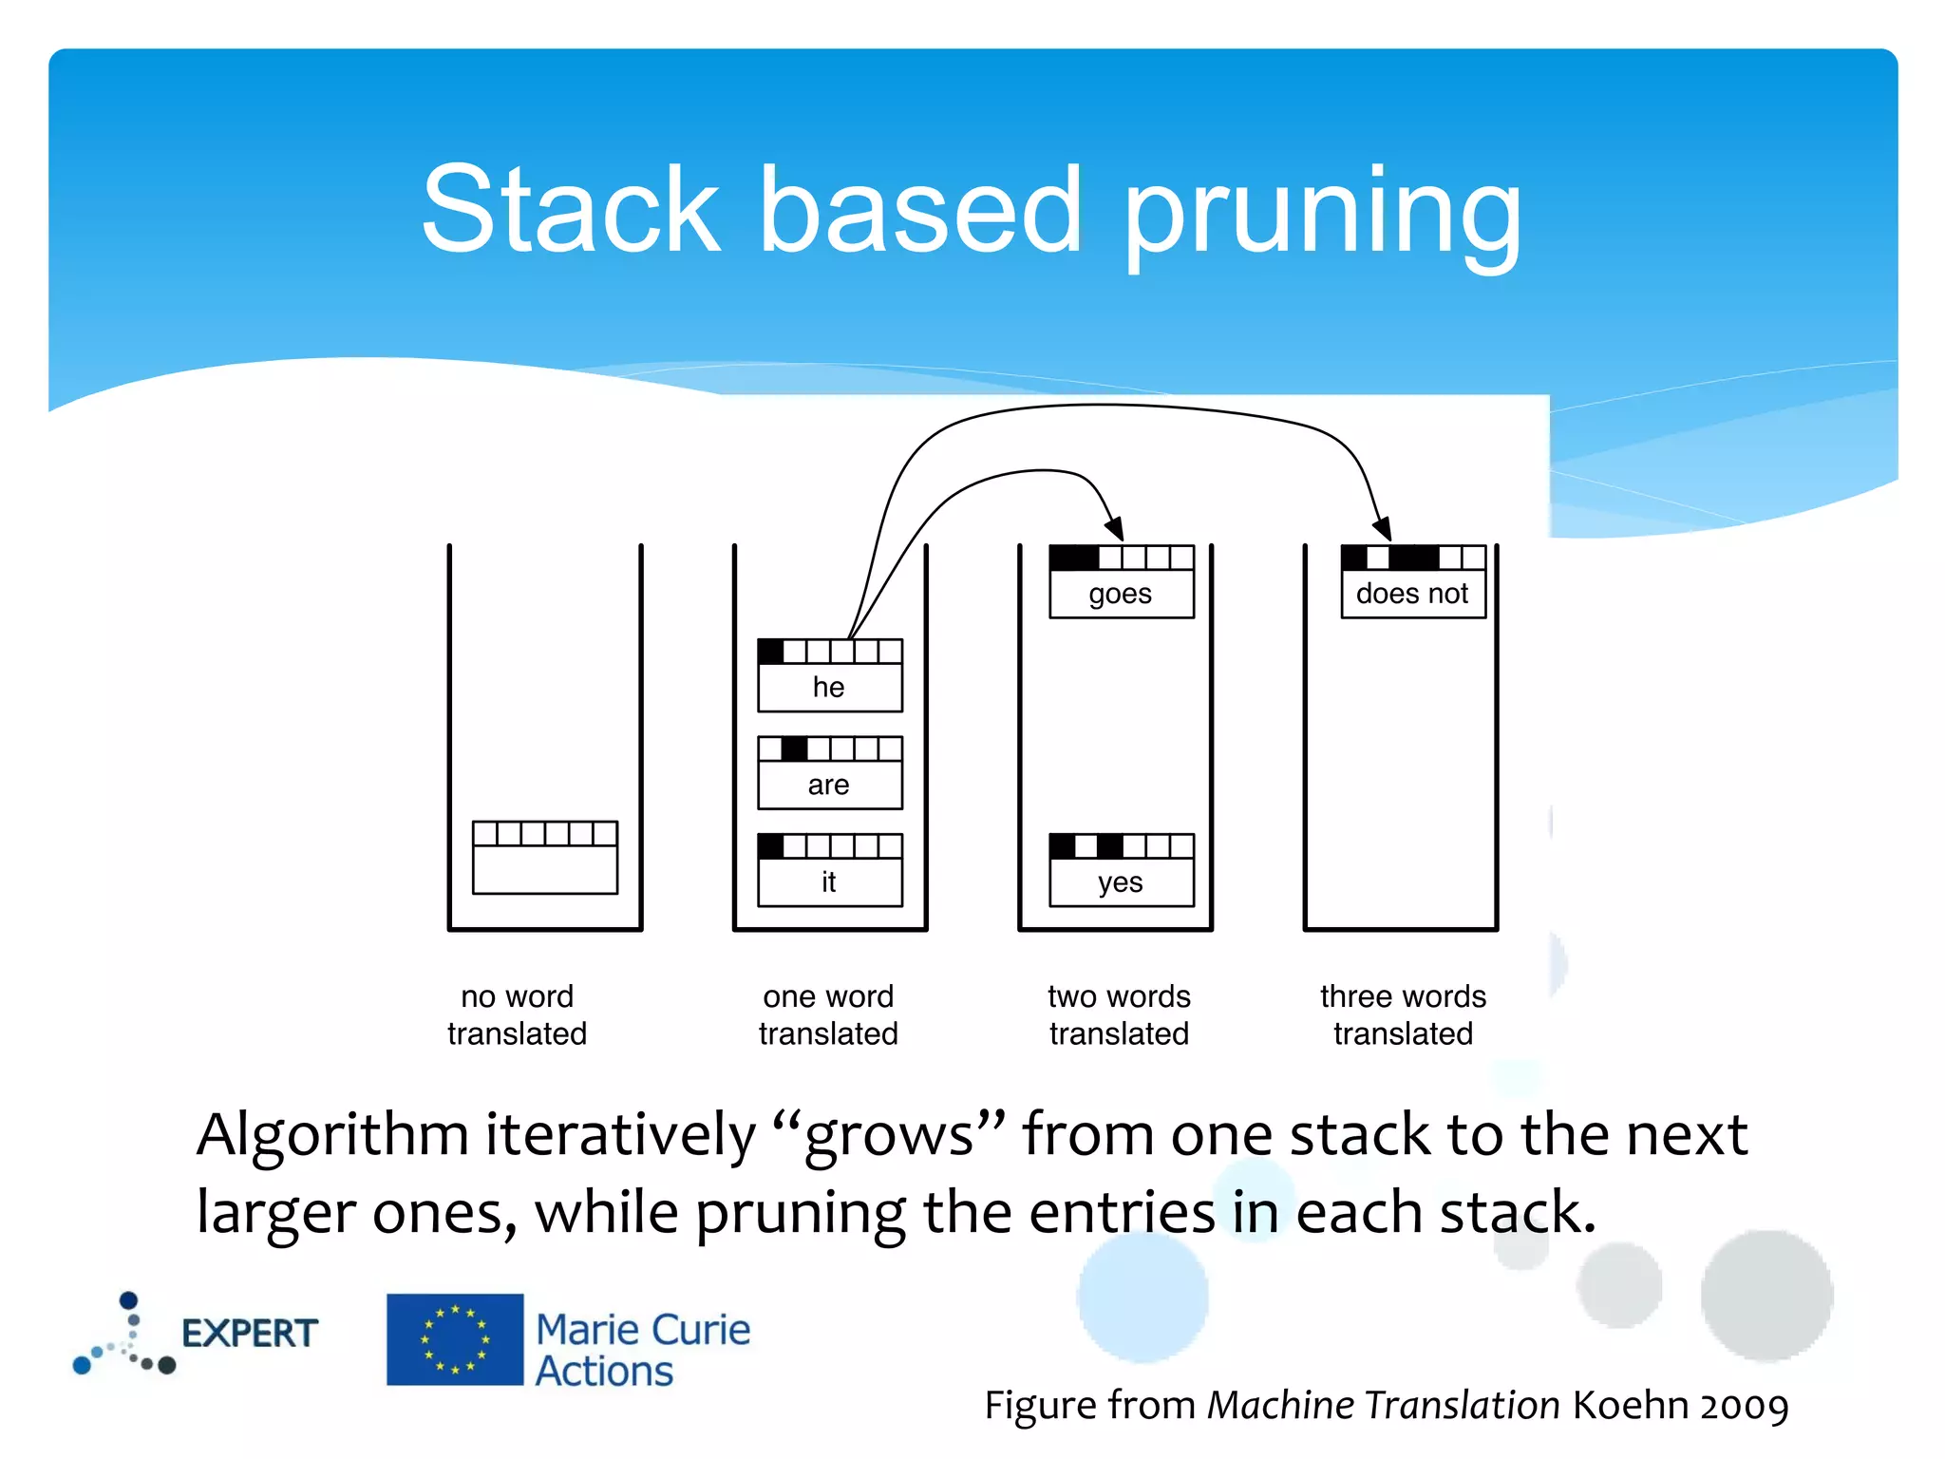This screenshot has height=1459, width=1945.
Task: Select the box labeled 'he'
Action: pyautogui.click(x=829, y=676)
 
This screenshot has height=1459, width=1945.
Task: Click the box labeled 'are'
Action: pyautogui.click(x=829, y=773)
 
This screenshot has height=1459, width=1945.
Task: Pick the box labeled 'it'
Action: pyautogui.click(x=829, y=871)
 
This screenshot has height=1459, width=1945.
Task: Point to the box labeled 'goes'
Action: pyautogui.click(x=1121, y=582)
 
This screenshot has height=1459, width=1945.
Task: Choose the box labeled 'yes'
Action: pyautogui.click(x=1121, y=871)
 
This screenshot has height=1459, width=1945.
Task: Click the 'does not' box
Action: pyautogui.click(x=1412, y=582)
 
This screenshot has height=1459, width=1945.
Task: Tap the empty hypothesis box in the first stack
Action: pyautogui.click(x=545, y=858)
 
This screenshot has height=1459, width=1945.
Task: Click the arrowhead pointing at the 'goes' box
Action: pyautogui.click(x=1116, y=529)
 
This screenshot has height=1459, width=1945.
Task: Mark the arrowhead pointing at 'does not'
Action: pyautogui.click(x=1383, y=528)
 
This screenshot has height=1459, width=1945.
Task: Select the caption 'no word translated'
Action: pyautogui.click(x=518, y=1014)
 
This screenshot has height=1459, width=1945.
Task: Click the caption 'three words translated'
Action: pyautogui.click(x=1403, y=1014)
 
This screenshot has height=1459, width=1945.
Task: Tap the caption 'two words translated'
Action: pyautogui.click(x=1119, y=1014)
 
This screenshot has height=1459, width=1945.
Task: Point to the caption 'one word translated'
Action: pyautogui.click(x=828, y=1014)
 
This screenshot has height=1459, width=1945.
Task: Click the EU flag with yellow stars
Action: pyautogui.click(x=455, y=1339)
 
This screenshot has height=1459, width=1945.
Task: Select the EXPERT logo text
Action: pyautogui.click(x=249, y=1334)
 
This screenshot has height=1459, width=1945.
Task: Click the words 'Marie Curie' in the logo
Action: pyautogui.click(x=643, y=1330)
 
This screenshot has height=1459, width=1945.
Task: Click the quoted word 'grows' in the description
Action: pyautogui.click(x=888, y=1134)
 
